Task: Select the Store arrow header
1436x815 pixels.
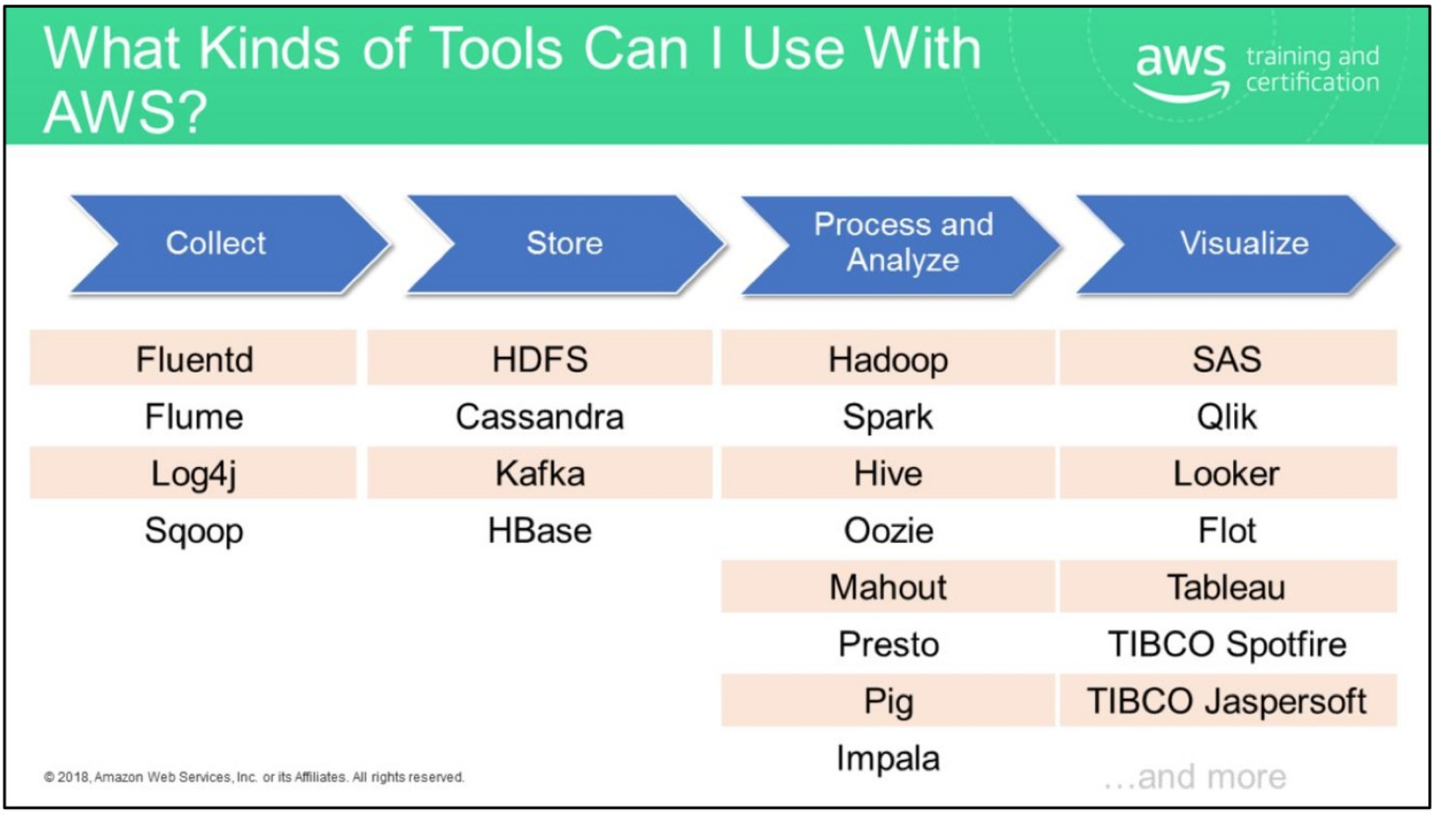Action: [564, 243]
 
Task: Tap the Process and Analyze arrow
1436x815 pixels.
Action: [903, 243]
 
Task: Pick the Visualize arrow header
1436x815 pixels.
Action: [1244, 243]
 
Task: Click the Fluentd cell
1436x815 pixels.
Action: [194, 359]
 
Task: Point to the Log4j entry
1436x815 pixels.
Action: [194, 474]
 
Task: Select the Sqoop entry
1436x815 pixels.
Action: [194, 531]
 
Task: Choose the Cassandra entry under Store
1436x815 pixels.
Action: [540, 417]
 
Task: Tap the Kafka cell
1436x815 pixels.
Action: [540, 474]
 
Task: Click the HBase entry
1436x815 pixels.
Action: [540, 531]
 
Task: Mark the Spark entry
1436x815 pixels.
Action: [888, 417]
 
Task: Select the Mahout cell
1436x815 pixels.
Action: [888, 588]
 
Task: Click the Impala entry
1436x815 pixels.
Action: [888, 758]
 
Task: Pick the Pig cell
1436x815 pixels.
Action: [888, 701]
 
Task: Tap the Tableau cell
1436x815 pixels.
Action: [1226, 588]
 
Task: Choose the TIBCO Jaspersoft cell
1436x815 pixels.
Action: [1226, 701]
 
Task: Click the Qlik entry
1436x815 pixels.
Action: [1226, 417]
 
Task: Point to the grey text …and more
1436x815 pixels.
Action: [1196, 777]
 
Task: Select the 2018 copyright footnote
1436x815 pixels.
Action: [254, 777]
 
